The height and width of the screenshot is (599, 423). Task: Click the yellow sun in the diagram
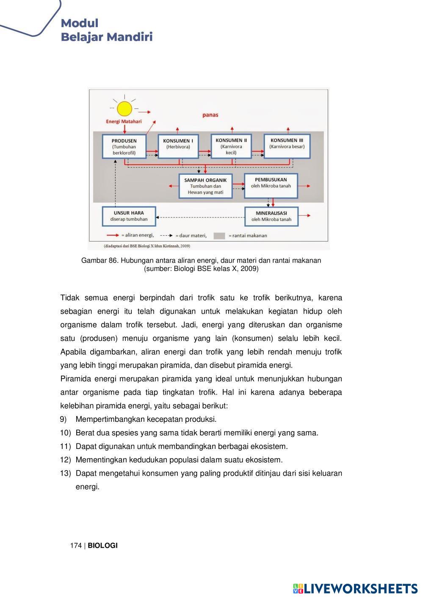pos(124,109)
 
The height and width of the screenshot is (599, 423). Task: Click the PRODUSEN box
pos(124,146)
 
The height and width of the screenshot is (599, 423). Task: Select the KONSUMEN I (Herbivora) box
pos(178,146)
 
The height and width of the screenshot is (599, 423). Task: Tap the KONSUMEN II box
pos(231,146)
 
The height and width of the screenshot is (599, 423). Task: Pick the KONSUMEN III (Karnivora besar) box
pos(287,146)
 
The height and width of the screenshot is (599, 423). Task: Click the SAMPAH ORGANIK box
pos(205,186)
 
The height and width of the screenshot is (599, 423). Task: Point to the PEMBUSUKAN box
pos(271,185)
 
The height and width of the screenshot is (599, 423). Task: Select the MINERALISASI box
pos(271,216)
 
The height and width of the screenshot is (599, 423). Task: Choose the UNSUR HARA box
pos(129,216)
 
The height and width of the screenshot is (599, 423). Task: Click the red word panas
pos(210,115)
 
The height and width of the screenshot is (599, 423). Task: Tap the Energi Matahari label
pos(124,121)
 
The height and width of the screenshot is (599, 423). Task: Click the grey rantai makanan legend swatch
pos(219,236)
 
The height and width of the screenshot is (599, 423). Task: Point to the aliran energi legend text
pos(138,235)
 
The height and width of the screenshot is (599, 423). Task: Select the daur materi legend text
pos(191,236)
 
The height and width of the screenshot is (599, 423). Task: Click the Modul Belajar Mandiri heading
pos(106,30)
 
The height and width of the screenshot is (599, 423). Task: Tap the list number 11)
pos(65,446)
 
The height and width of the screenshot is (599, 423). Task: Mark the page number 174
pos(76,546)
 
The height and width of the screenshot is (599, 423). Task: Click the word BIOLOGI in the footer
pos(102,546)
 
